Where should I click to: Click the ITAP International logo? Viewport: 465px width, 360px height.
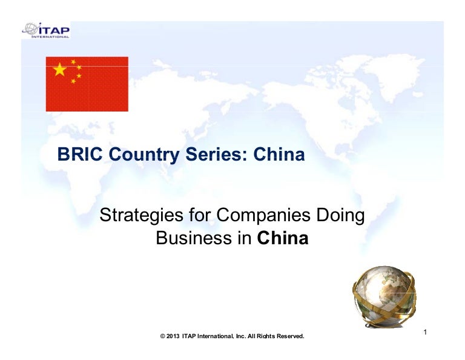point(46,30)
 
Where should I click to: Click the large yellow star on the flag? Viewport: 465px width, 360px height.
point(60,69)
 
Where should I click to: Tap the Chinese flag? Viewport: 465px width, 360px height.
point(87,84)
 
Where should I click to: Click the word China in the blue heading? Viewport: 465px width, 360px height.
point(279,155)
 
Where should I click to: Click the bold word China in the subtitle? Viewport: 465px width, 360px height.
point(283,238)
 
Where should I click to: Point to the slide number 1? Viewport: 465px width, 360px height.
point(426,332)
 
